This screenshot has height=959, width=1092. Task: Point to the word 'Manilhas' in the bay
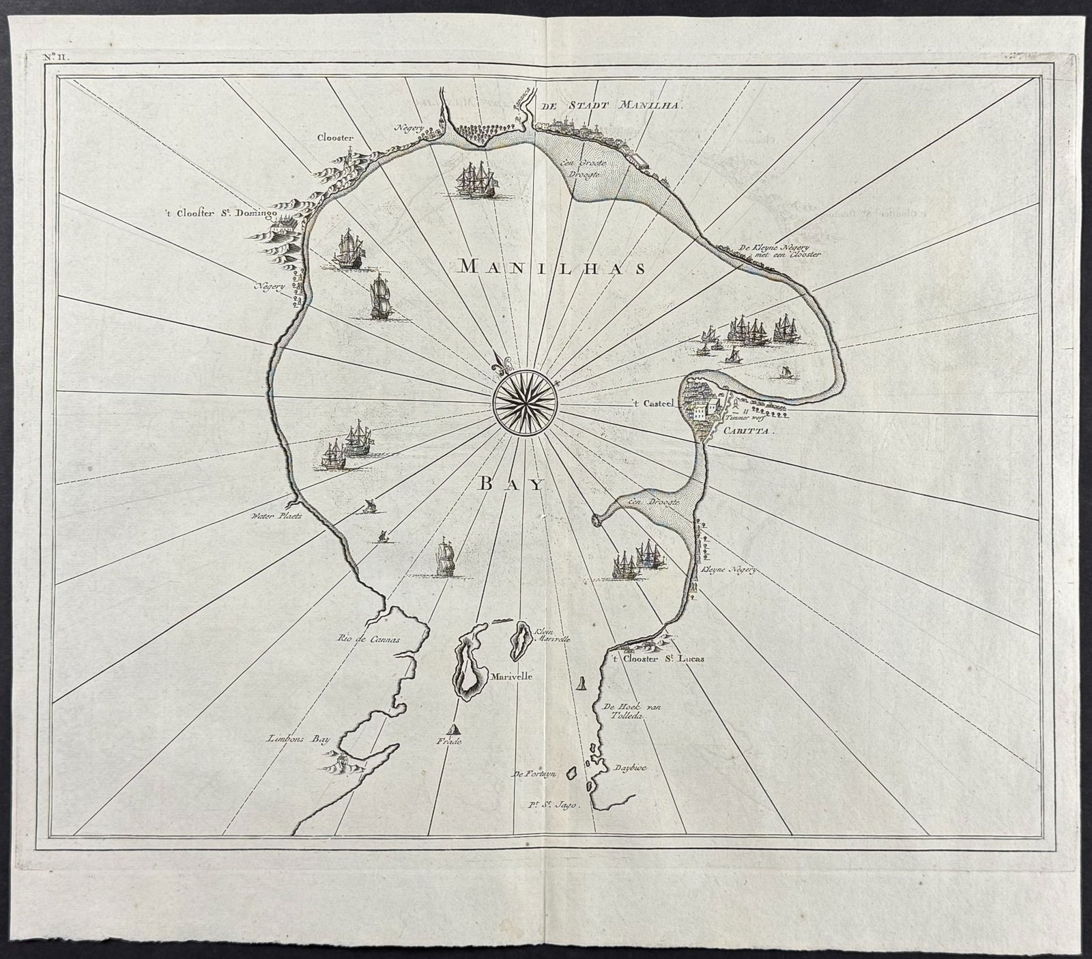pyautogui.click(x=551, y=268)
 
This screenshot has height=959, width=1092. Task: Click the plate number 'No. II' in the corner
pyautogui.click(x=53, y=57)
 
